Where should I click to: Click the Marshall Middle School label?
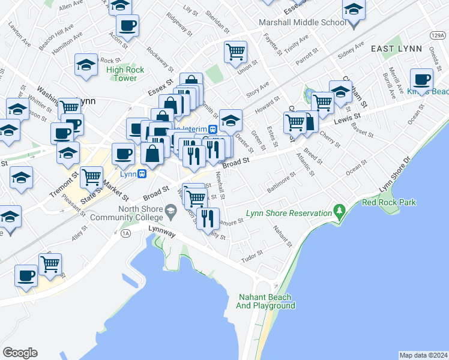pos(302,23)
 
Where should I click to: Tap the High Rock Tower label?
pos(125,74)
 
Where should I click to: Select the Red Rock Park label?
pos(388,202)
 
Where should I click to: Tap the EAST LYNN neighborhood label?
pos(396,48)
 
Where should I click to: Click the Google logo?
pos(20,353)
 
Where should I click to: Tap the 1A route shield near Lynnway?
pos(125,233)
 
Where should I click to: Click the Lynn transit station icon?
pos(142,174)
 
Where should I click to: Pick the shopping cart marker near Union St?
pos(235,51)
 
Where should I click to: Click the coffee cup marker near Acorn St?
pos(127,25)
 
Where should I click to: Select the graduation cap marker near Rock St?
pos(86,65)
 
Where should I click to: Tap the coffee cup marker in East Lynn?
pos(421,79)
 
